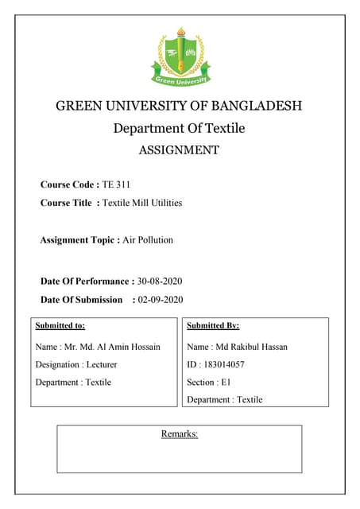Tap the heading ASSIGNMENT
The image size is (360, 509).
(179, 150)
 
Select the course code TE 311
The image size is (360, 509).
(116, 184)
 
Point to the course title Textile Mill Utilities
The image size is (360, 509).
(142, 203)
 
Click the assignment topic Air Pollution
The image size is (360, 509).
(148, 239)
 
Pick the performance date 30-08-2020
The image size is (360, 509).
(161, 281)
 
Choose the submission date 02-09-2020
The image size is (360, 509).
(161, 300)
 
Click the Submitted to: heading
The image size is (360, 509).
(60, 324)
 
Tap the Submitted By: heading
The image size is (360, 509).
(213, 324)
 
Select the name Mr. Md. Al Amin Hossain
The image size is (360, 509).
(112, 347)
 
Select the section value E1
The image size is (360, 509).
(226, 382)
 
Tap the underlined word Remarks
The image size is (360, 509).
(179, 433)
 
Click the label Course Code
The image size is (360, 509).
(69, 184)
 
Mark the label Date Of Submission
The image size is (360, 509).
(82, 300)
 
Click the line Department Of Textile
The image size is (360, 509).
(179, 128)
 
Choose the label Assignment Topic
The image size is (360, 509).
(79, 239)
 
